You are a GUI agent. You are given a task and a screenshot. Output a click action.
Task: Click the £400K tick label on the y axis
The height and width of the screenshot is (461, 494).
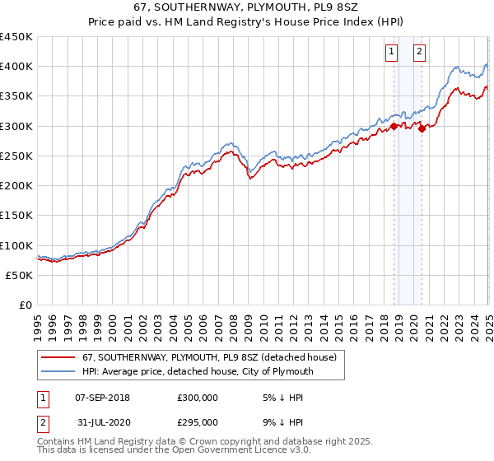click(16, 67)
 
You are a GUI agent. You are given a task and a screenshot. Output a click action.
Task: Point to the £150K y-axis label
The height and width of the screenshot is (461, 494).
click(16, 215)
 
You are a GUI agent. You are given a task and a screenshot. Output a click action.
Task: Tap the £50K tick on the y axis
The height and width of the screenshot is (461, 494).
click(20, 275)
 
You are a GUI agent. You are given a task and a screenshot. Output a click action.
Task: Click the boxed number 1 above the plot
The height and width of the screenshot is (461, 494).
click(392, 52)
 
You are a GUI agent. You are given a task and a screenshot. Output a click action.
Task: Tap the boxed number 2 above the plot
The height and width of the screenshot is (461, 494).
click(420, 52)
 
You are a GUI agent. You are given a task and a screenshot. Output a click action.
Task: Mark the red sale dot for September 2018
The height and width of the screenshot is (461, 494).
click(394, 126)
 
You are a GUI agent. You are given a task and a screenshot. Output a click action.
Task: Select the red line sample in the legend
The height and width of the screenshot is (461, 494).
click(59, 357)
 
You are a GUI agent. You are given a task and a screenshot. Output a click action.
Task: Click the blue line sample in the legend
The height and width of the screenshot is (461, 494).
click(59, 371)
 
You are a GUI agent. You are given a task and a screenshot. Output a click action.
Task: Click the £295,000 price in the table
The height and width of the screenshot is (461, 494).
click(197, 422)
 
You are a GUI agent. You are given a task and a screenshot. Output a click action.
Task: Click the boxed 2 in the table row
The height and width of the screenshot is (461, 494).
click(43, 422)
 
